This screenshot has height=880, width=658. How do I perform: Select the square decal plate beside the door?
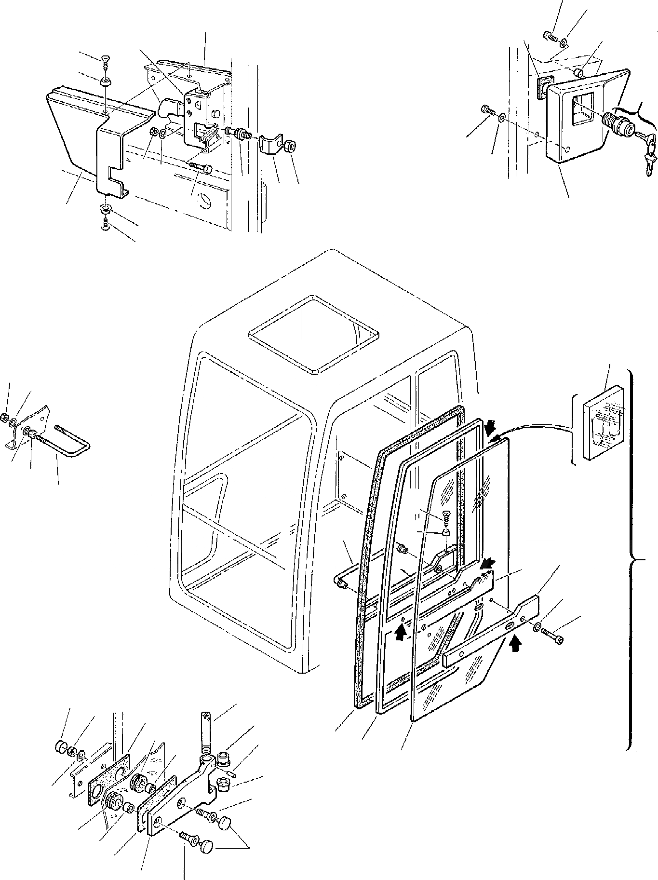[606, 421]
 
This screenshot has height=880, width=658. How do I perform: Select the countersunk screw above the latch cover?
[106, 61]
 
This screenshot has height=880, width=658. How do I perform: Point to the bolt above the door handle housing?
[550, 36]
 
